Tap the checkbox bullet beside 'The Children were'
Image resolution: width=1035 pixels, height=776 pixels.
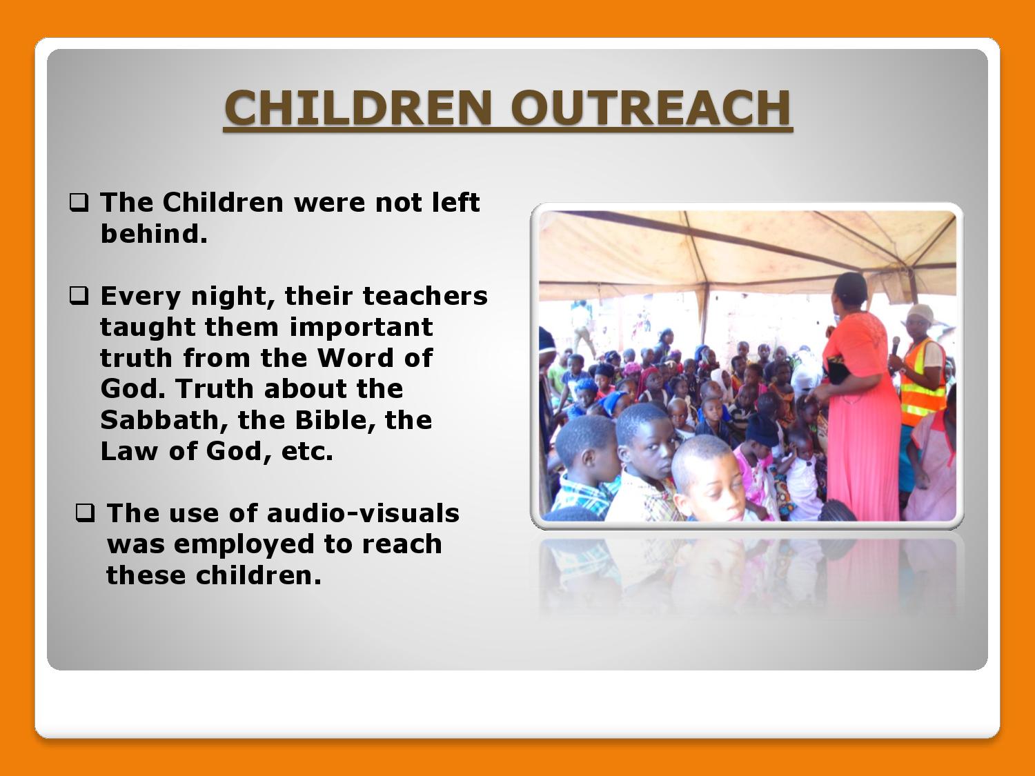[79, 203]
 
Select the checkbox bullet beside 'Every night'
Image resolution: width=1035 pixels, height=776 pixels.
[79, 296]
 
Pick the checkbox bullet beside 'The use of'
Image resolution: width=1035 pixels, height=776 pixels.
[85, 513]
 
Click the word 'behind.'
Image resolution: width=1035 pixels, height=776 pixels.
[154, 234]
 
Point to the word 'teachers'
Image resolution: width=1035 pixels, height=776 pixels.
[425, 296]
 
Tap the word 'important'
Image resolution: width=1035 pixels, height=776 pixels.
[361, 327]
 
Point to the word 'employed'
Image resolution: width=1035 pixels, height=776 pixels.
[244, 545]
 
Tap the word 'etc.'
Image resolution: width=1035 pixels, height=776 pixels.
[308, 451]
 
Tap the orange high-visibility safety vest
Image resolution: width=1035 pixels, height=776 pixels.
[922, 381]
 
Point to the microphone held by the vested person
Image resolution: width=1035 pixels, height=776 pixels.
[895, 346]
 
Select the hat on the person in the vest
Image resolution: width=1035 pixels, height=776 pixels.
[920, 313]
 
